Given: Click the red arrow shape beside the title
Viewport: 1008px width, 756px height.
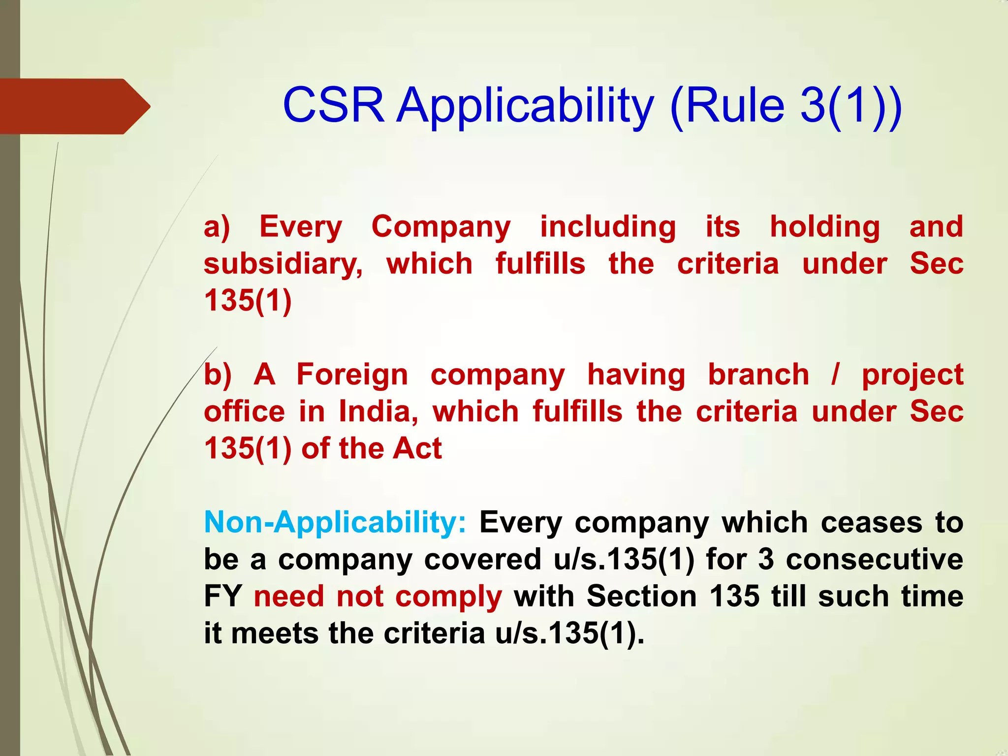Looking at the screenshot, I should tap(74, 106).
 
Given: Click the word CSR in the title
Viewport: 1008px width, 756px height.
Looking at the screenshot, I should tap(333, 105).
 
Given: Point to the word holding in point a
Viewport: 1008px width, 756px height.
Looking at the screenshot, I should tap(825, 227).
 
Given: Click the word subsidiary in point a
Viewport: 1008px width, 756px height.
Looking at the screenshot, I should tap(283, 264).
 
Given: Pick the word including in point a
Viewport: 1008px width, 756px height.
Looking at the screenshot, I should tap(608, 227).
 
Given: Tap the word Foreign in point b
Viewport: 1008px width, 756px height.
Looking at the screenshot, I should tap(352, 375).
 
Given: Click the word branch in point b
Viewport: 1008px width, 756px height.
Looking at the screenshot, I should tap(758, 375).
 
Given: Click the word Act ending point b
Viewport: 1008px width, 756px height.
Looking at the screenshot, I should tap(417, 448).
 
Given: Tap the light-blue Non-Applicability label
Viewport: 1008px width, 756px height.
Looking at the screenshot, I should tap(335, 523).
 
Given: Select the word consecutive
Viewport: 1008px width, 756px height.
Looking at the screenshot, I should tap(874, 560).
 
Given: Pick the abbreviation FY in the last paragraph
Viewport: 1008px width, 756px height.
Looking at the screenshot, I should tap(222, 597).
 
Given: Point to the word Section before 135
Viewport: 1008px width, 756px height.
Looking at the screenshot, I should tap(642, 597).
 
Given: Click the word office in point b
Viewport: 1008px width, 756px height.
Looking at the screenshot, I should tap(244, 411).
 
